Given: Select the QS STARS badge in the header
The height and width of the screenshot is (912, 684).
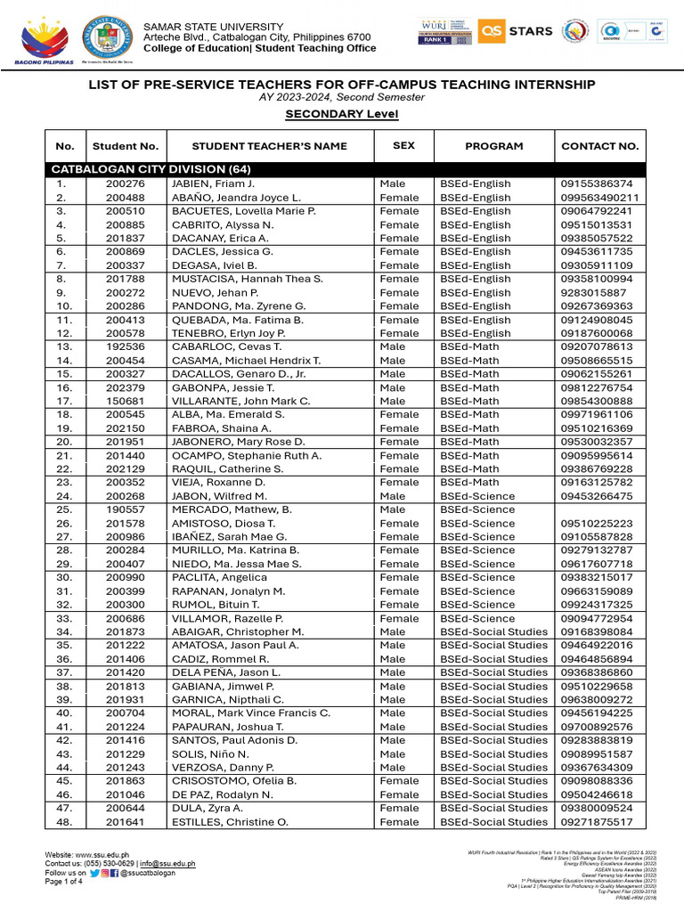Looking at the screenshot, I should click(x=516, y=31).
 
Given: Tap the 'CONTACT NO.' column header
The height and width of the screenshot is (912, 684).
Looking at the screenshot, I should click(x=599, y=146).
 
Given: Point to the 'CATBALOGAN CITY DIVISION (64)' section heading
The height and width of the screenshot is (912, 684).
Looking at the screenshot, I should click(x=151, y=169).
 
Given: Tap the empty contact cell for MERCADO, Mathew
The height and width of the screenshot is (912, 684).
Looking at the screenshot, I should click(x=599, y=509).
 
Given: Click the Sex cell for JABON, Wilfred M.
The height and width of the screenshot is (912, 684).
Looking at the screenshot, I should click(x=392, y=496).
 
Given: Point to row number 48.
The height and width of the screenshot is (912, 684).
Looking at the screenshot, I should click(x=61, y=822).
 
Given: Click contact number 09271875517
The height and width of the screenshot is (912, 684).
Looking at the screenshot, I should click(x=597, y=822).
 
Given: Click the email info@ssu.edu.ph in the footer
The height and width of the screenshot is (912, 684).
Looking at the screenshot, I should click(x=170, y=864).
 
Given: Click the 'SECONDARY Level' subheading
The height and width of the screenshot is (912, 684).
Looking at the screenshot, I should click(x=341, y=115).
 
